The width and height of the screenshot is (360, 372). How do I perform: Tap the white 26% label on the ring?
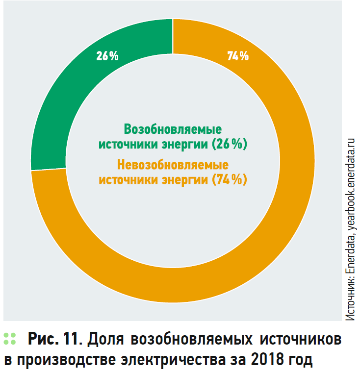coord(107,56)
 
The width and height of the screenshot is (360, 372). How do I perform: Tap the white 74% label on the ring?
coord(238,56)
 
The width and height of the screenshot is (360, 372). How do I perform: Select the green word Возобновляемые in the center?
coord(173,129)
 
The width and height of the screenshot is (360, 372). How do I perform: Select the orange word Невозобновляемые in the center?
coord(173,164)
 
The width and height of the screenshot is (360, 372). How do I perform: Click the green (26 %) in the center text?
coord(229,145)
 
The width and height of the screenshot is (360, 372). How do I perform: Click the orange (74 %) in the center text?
coord(229,179)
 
